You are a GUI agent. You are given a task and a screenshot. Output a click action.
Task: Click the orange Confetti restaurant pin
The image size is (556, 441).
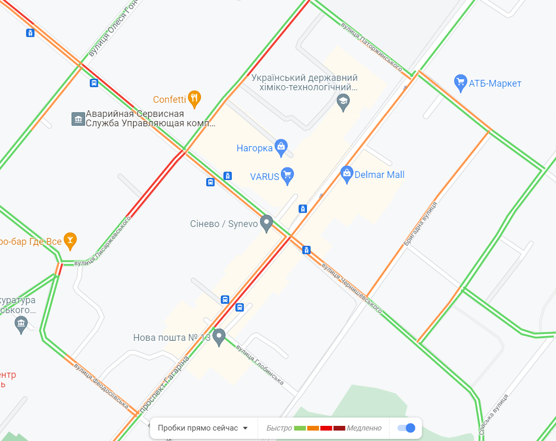pos(194,99)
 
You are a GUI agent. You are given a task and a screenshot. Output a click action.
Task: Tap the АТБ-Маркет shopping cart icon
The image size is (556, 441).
pos(460,83)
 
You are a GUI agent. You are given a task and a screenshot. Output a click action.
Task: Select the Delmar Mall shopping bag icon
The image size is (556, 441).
pos(347,174)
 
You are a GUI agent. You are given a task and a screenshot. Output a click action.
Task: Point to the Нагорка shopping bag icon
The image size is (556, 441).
pos(281,148)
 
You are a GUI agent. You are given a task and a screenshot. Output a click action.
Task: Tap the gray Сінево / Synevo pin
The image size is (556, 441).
pos(267,223)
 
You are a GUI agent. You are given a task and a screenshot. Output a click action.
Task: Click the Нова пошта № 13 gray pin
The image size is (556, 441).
pos(219,337)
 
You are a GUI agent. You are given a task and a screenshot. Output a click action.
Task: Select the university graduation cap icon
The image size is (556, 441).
pos(343,102)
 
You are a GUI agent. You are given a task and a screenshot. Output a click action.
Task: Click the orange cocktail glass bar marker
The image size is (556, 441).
pos(70,241)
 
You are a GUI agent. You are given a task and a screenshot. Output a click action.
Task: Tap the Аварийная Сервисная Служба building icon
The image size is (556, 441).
pos(78,119)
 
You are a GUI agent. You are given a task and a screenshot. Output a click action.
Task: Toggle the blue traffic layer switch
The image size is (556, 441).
pos(406,428)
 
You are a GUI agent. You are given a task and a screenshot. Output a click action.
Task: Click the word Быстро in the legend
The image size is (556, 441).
pos(279,428)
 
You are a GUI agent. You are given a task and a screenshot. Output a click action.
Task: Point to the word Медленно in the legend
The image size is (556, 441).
pos(364,428)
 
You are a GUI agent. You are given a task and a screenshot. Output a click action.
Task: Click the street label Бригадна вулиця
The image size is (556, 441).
pos(420,224)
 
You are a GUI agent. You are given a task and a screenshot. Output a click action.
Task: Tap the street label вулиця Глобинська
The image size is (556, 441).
pos(259,365)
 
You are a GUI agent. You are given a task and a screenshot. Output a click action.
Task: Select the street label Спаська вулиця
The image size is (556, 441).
pos(494,415)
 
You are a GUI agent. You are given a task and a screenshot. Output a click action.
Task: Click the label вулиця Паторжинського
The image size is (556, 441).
pos(371,46)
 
